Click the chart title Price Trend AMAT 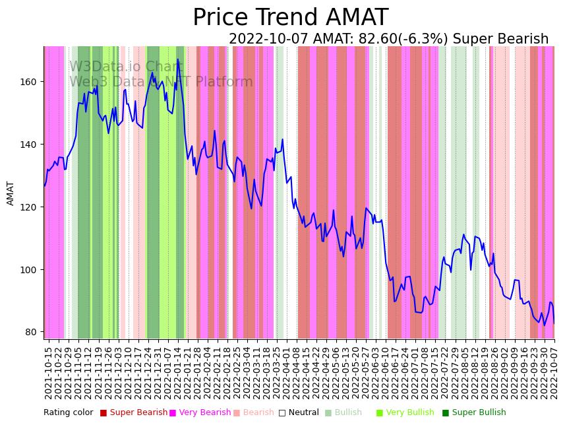290,18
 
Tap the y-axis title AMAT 11,193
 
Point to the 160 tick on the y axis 30,82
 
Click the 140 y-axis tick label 30,145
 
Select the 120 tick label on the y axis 30,207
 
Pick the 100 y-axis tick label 30,270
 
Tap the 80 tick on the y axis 33,332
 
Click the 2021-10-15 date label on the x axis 48,370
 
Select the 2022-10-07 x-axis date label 554,370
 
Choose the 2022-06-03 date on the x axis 377,370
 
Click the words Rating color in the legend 69,413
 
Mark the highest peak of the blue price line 177,59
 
